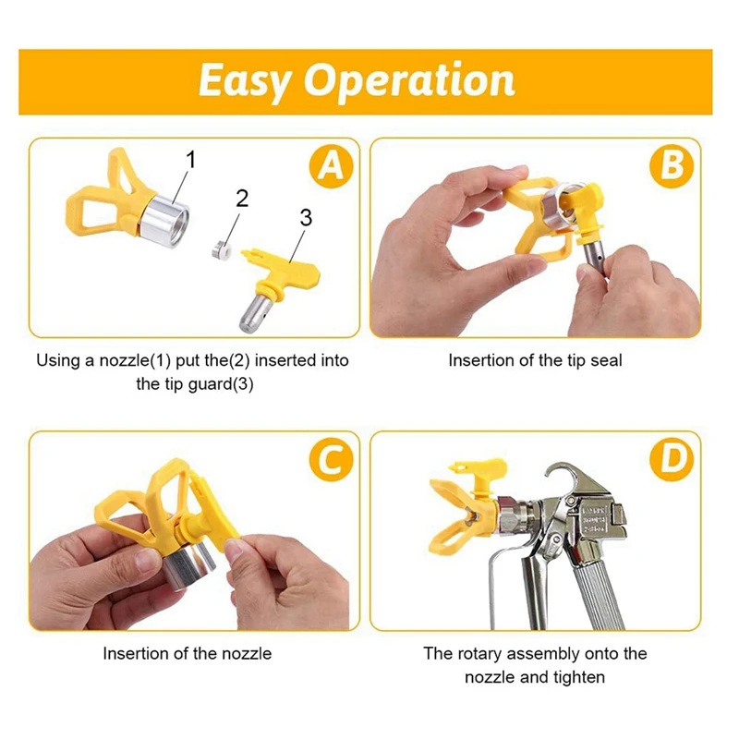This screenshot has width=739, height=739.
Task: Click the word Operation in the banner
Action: click(x=409, y=80)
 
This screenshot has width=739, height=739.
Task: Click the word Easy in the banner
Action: click(x=243, y=81)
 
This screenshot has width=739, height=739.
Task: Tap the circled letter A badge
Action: click(x=332, y=166)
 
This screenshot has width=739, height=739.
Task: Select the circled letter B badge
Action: click(x=672, y=166)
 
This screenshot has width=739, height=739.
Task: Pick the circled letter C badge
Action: click(x=332, y=459)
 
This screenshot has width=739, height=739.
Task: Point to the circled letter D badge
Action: click(x=672, y=459)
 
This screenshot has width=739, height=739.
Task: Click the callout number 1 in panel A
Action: click(x=191, y=160)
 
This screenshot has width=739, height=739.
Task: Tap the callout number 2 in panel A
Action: click(x=242, y=199)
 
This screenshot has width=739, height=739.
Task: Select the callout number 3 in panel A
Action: click(x=306, y=217)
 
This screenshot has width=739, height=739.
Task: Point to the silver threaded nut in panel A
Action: click(x=165, y=221)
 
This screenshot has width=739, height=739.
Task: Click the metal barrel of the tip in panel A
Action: click(x=258, y=313)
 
